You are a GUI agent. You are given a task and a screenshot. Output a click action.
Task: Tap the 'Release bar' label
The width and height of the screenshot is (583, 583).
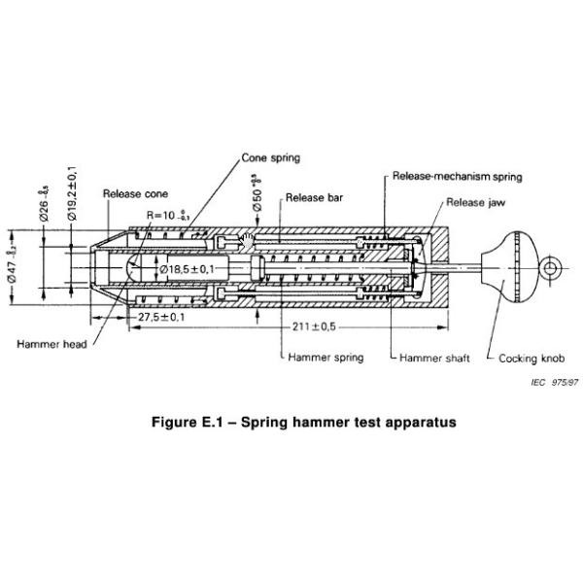314,198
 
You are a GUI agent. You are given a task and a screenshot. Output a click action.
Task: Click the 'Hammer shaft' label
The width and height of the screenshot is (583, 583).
435,358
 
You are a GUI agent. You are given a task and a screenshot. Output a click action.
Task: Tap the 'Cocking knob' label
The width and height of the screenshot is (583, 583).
532,358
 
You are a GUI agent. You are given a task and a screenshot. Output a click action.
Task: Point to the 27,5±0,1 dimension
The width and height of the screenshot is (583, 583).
159,318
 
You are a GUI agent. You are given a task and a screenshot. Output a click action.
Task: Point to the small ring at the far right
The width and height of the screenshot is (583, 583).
550,266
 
